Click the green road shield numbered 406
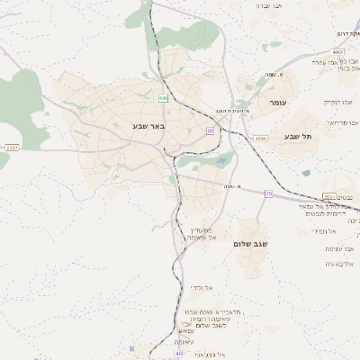click(163, 97)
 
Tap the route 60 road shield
click(209, 131)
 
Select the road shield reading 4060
click(260, 139)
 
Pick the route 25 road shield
click(267, 193)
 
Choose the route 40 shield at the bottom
click(178, 354)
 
